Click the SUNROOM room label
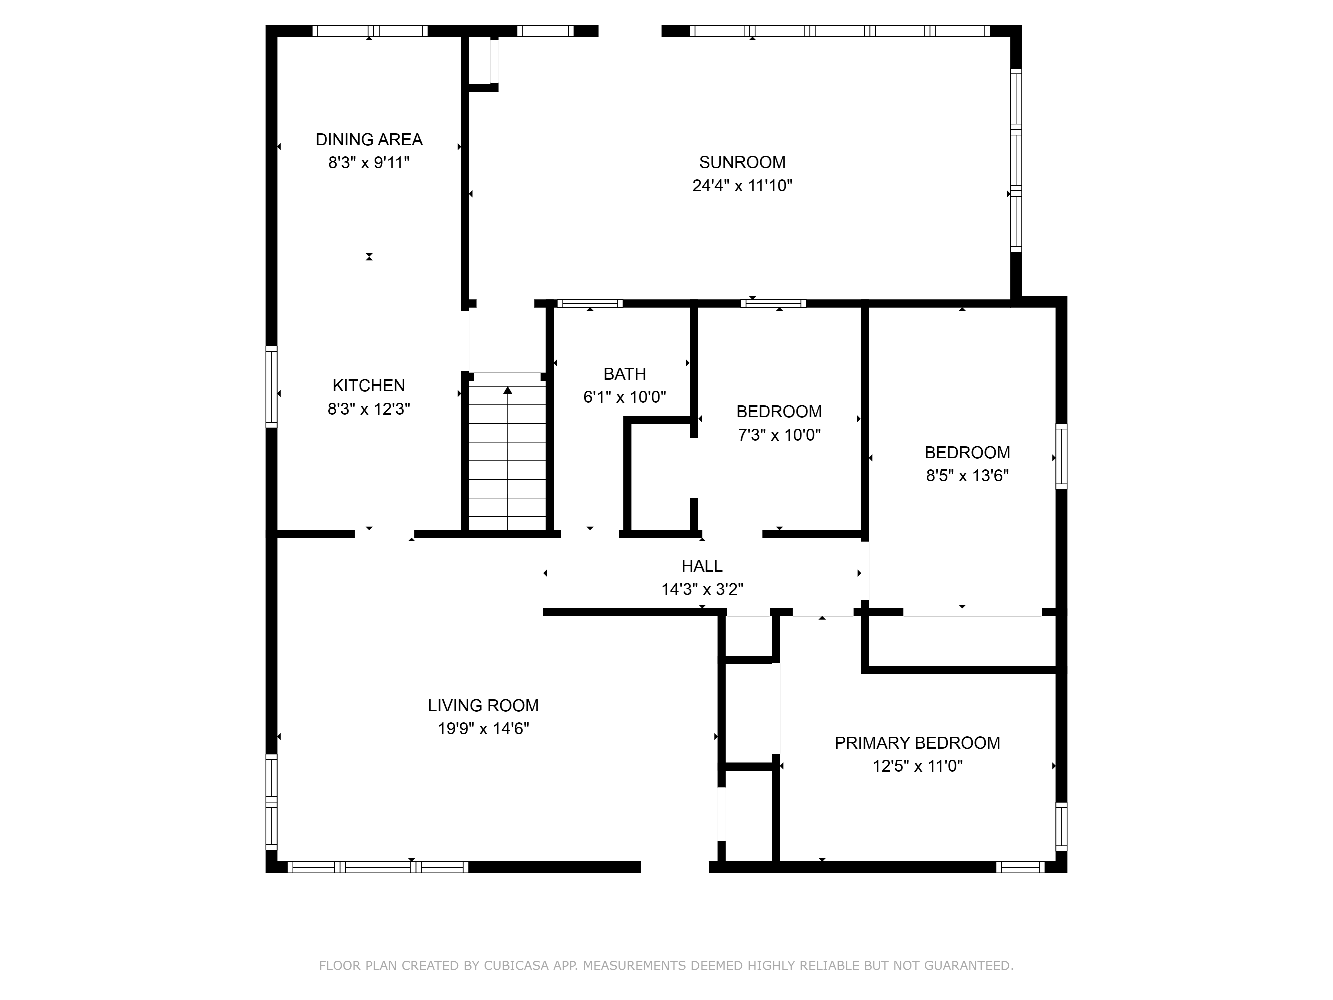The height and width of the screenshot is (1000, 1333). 742,162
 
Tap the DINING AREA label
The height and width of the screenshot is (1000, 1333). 369,140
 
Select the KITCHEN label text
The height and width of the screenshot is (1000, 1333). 369,386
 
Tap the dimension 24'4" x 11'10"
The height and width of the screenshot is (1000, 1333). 742,186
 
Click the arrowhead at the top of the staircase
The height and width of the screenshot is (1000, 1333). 508,391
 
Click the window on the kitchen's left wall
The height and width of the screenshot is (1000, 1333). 272,387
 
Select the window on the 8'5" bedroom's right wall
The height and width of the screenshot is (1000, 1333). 1061,456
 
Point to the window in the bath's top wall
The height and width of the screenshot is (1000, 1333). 590,303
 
